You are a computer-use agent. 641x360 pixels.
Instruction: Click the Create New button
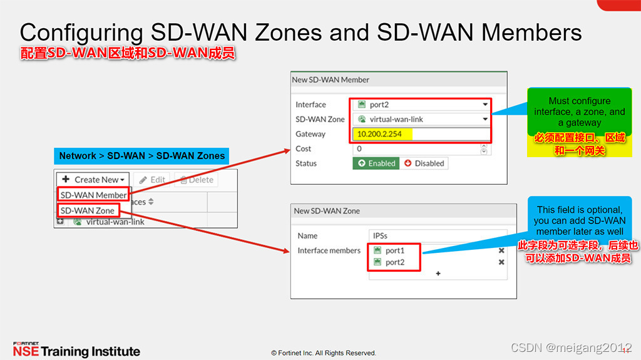(x=93, y=180)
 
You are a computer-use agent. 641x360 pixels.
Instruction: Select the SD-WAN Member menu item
(x=93, y=195)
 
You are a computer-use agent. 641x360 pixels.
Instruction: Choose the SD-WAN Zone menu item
(x=87, y=211)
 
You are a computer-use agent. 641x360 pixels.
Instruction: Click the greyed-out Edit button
(x=151, y=180)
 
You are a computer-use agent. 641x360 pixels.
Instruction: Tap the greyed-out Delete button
(x=197, y=180)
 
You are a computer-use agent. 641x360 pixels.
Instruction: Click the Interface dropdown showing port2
(x=421, y=105)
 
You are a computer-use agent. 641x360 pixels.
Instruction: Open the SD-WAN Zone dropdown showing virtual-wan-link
(x=421, y=119)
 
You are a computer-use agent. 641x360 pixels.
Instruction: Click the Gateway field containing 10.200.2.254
(x=421, y=134)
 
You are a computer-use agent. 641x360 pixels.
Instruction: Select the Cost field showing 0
(x=417, y=149)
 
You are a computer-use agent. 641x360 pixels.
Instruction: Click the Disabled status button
(x=424, y=163)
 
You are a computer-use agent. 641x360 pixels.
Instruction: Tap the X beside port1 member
(x=501, y=250)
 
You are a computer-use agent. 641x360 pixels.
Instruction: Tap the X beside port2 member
(x=501, y=262)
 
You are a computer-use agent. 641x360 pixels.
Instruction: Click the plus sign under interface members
(x=438, y=274)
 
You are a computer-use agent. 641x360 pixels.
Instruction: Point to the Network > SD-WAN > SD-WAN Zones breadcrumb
(x=141, y=156)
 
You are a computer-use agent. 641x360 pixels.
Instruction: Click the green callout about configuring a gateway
(x=579, y=112)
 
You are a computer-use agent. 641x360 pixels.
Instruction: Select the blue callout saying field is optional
(x=579, y=220)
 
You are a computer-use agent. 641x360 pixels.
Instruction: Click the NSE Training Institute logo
(x=76, y=350)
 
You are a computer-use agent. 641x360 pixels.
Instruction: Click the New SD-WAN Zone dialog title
(x=327, y=211)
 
